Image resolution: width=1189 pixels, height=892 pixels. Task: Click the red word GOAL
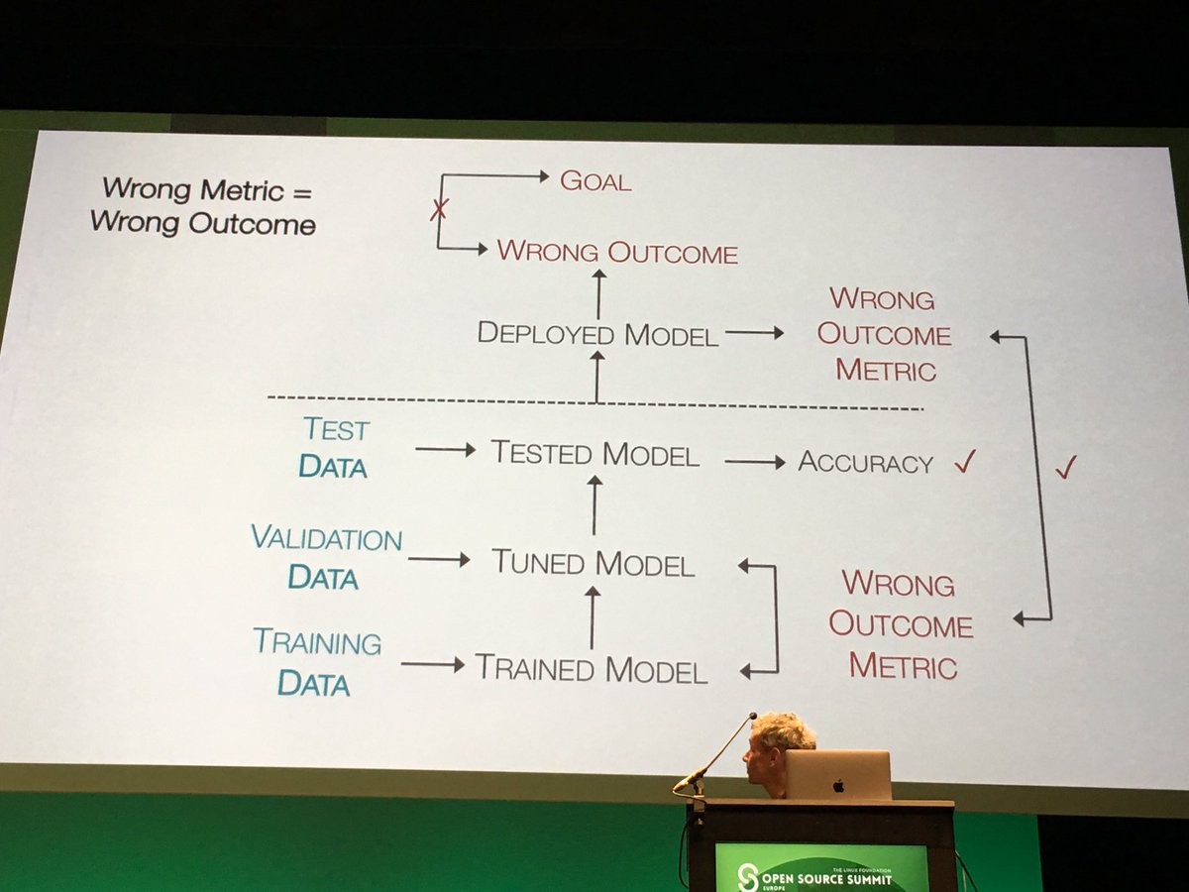point(595,180)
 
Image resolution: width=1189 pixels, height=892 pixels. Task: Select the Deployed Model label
point(597,333)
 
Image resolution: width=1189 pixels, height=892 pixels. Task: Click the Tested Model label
point(595,454)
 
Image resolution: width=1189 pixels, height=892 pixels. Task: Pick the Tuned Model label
point(594,564)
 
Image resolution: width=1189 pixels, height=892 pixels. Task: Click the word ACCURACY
point(866,463)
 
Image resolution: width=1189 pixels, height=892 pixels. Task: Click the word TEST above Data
point(336,430)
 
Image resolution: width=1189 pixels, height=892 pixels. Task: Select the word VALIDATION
point(326,539)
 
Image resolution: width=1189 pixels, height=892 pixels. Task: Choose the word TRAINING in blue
point(317,642)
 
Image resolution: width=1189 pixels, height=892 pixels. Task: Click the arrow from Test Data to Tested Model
point(445,450)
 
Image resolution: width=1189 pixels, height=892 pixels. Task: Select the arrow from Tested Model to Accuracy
point(754,462)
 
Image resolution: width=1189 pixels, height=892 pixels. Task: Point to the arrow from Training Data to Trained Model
point(432,664)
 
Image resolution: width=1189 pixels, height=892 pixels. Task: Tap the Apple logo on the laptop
point(838,786)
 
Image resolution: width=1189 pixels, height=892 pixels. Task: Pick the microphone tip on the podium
point(753,716)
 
